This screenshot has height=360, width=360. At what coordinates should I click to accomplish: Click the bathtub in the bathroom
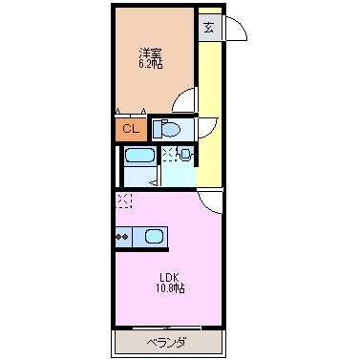pyautogui.click(x=139, y=157)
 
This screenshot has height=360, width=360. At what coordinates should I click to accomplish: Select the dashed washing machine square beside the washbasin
pyautogui.click(x=169, y=153)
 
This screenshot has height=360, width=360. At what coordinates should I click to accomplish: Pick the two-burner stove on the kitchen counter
pyautogui.click(x=122, y=234)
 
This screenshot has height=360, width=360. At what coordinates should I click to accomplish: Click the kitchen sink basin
pyautogui.click(x=153, y=234)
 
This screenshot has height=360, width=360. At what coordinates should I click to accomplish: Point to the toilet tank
pyautogui.click(x=159, y=128)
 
